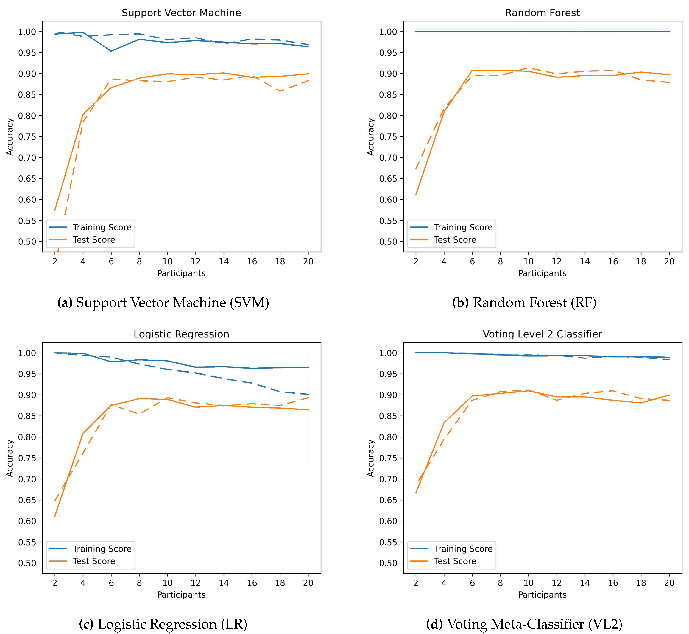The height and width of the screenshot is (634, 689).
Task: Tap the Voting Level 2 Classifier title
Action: [x=542, y=334]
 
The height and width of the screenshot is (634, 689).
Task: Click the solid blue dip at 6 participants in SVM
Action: [x=111, y=51]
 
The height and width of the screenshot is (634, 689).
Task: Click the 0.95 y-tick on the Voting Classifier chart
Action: [x=388, y=374]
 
